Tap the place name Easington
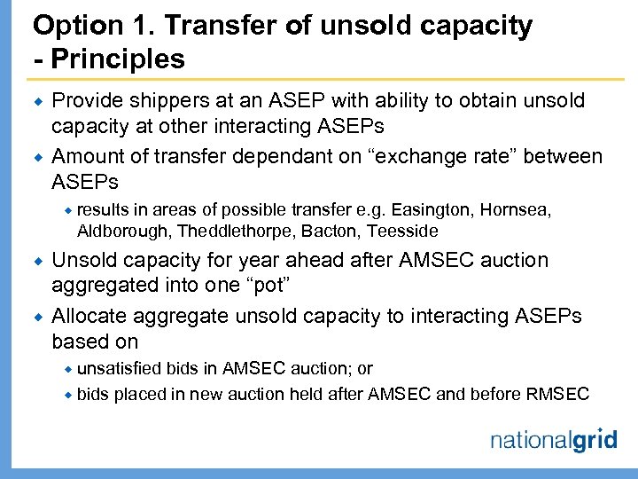(x=436, y=209)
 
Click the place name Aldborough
(x=123, y=231)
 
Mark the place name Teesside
(x=403, y=231)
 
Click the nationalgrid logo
(x=553, y=441)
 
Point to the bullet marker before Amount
(x=38, y=158)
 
